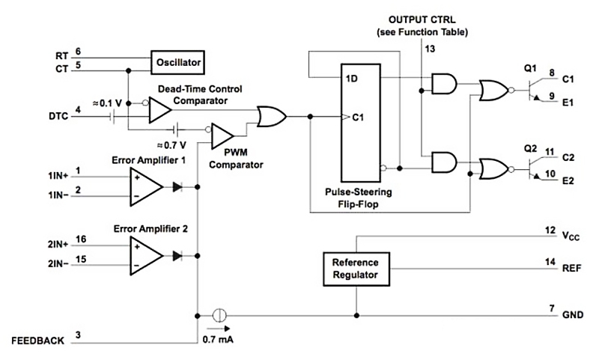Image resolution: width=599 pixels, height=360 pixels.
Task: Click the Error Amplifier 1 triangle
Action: (x=145, y=186)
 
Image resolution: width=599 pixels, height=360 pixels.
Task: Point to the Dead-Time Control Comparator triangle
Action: (x=159, y=111)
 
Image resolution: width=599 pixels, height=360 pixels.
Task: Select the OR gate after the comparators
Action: (x=270, y=117)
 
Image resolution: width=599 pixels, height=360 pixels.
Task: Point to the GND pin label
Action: (x=573, y=315)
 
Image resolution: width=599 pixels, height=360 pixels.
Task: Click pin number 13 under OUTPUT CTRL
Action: (x=429, y=48)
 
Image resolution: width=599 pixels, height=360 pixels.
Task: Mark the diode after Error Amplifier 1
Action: (x=177, y=186)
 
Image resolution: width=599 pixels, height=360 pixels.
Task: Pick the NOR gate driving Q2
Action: (x=493, y=168)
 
